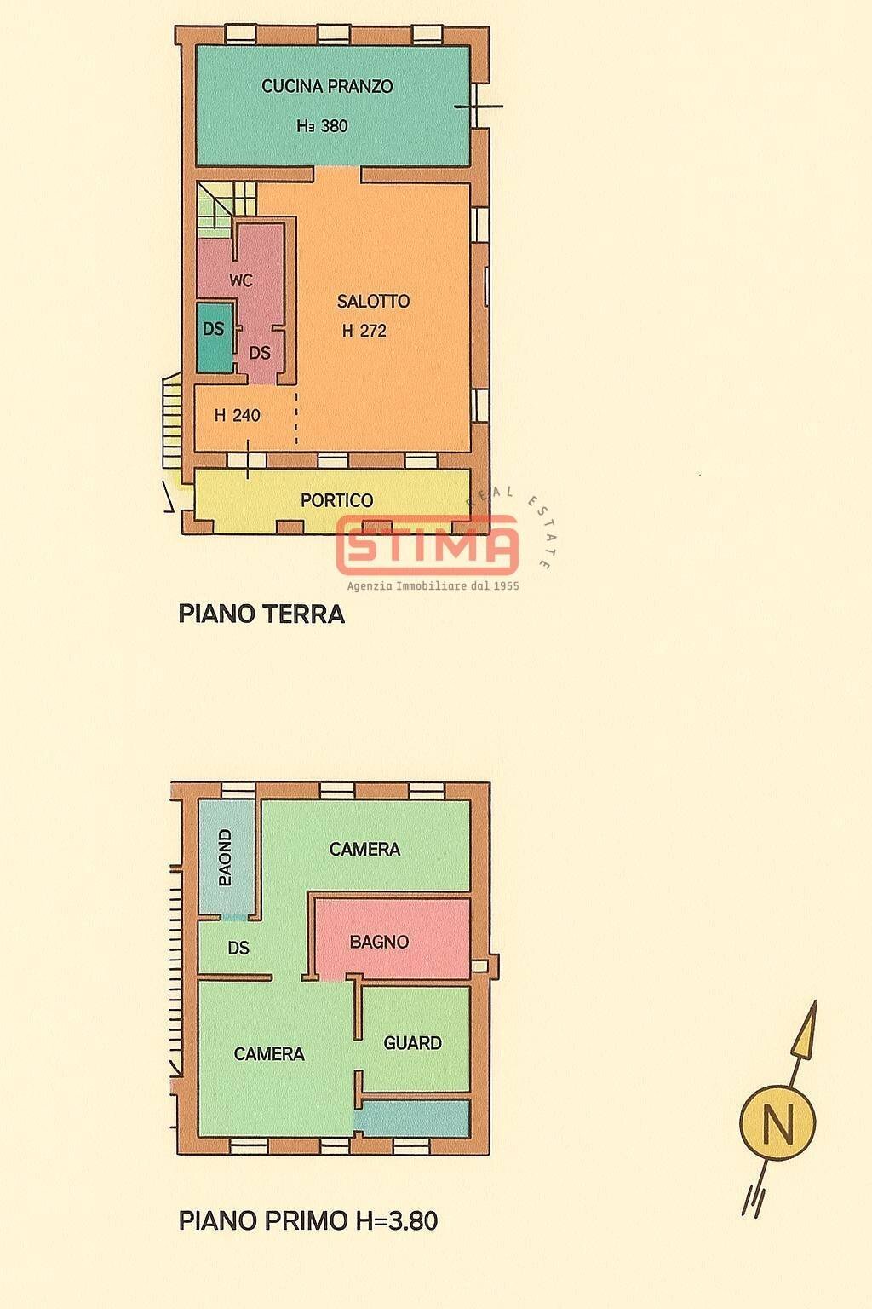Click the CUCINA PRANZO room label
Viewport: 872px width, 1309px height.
327,86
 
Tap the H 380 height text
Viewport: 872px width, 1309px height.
322,126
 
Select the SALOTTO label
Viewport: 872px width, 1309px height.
373,301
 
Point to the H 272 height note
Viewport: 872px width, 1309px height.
364,331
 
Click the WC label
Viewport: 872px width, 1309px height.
241,280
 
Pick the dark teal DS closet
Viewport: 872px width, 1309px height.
214,337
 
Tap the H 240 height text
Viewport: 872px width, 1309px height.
237,416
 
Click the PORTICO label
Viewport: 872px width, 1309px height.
337,500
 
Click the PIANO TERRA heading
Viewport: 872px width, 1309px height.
261,614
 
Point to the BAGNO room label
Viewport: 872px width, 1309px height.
379,942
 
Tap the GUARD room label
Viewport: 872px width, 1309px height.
412,1042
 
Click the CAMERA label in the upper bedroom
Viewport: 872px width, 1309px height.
364,849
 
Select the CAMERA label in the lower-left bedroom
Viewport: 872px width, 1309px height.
269,1054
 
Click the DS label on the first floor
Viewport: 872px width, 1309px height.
238,948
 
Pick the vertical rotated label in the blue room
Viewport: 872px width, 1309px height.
226,857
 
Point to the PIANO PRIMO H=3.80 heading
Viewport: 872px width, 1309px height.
308,1221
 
